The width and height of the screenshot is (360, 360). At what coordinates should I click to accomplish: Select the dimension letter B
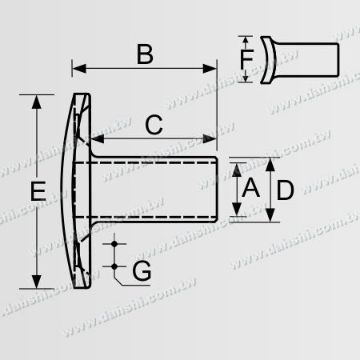(x=145, y=54)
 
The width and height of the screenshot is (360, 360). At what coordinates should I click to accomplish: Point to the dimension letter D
(x=286, y=190)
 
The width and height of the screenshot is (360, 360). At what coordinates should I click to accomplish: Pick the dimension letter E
(x=36, y=192)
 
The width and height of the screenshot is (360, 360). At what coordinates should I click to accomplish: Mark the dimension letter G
(x=141, y=272)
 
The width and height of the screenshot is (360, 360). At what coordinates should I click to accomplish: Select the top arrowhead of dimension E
(x=36, y=99)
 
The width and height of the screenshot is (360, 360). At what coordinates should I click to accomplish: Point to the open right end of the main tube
(x=217, y=189)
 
